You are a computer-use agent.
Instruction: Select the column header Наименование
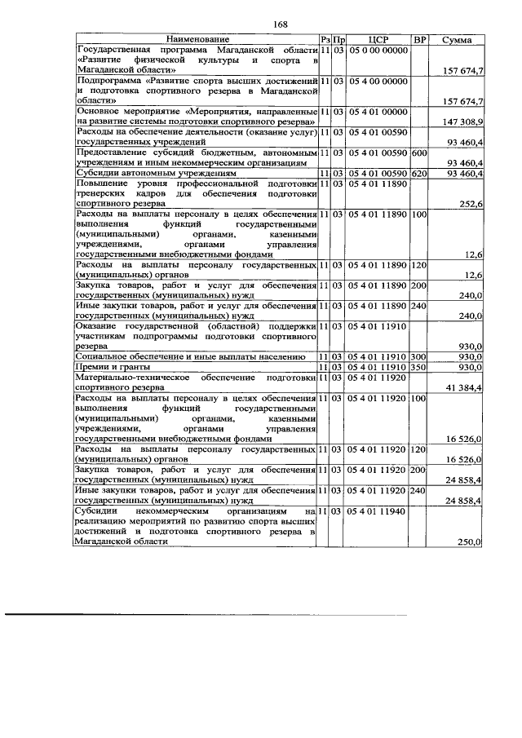pyautogui.click(x=196, y=39)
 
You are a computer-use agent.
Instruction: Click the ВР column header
pyautogui.click(x=419, y=39)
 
